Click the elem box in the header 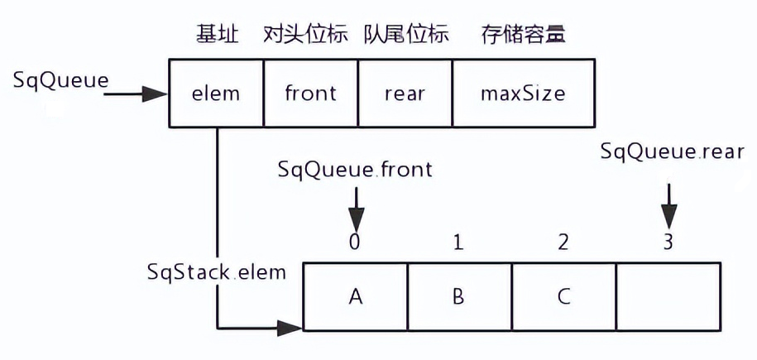click(215, 93)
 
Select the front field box click(310, 93)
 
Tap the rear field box click(405, 93)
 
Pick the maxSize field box click(523, 93)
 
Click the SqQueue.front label click(356, 170)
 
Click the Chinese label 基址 click(217, 35)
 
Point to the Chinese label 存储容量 click(523, 35)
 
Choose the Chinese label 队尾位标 click(406, 35)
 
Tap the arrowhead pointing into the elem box click(158, 94)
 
